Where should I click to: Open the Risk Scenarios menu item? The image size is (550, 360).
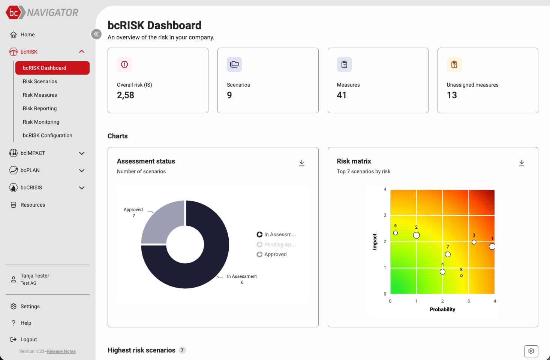tap(40, 81)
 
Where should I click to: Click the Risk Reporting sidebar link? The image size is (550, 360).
tap(40, 108)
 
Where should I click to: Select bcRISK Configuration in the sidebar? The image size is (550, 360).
tap(47, 135)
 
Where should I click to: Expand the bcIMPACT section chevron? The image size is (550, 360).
tap(82, 153)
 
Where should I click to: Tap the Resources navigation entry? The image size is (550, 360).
tap(33, 205)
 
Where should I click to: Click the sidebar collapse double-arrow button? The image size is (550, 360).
tap(96, 34)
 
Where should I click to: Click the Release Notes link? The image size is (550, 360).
tap(61, 351)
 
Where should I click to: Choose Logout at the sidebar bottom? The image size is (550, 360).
tap(28, 339)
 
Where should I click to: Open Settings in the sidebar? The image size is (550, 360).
tap(30, 306)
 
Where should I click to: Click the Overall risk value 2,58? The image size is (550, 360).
tap(126, 95)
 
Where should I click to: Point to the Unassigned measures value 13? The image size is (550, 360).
tap(452, 95)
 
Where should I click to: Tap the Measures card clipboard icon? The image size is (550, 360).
tap(344, 64)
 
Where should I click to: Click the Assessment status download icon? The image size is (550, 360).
tap(302, 163)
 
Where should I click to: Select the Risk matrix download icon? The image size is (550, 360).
tap(522, 163)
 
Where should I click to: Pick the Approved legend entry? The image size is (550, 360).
tap(275, 254)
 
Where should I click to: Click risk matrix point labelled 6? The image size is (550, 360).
tap(396, 233)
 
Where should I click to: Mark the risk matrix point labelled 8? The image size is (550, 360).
tap(461, 276)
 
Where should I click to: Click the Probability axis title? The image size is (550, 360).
tap(442, 309)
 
